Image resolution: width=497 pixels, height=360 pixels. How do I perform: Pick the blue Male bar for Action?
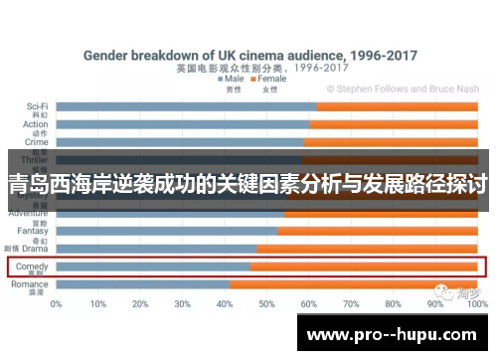pyautogui.click(x=183, y=124)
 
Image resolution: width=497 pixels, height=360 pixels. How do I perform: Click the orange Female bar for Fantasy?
pyautogui.click(x=377, y=231)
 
